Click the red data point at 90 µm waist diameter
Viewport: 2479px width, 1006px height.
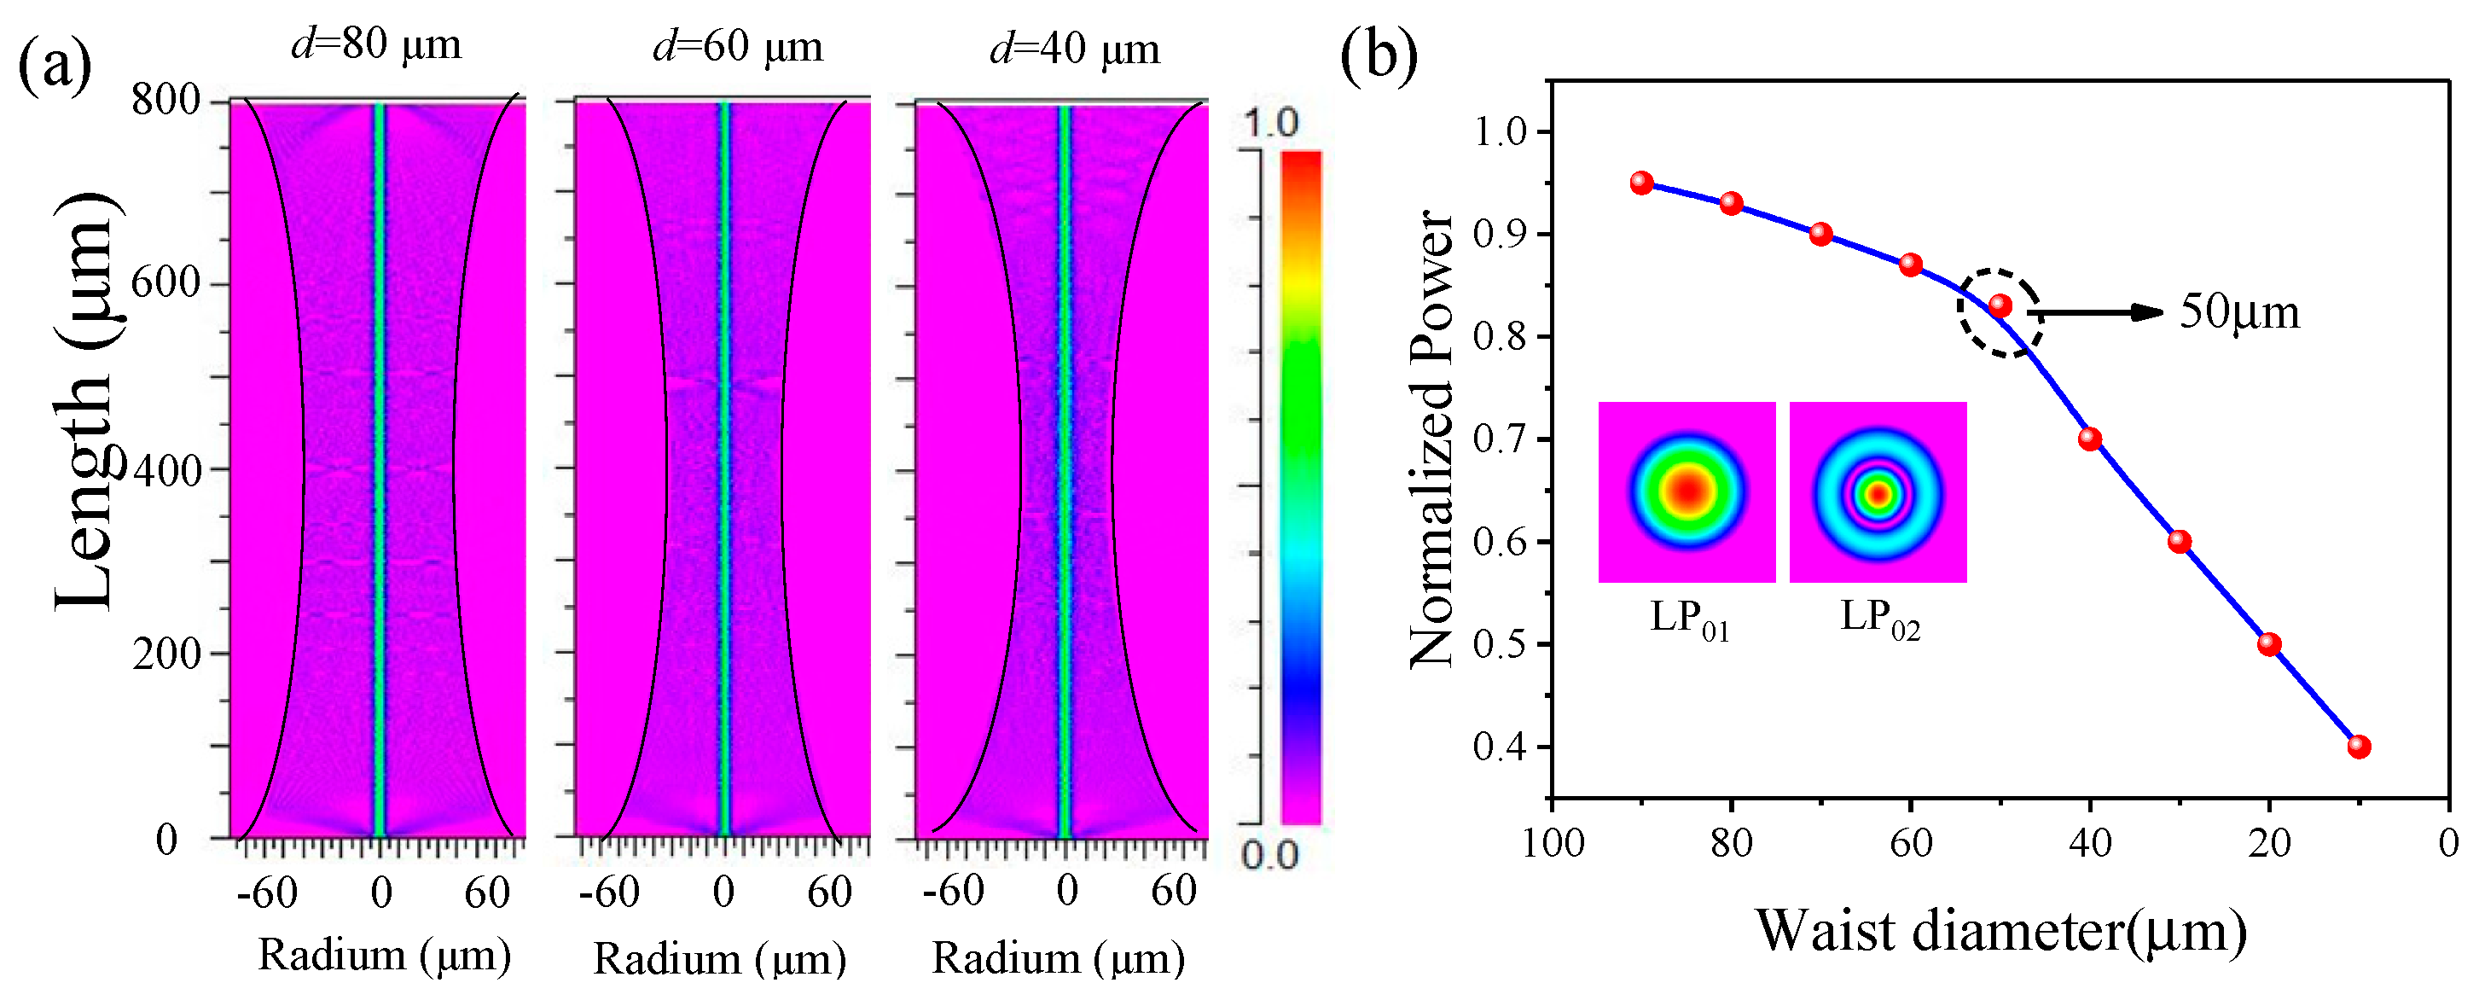click(x=1642, y=183)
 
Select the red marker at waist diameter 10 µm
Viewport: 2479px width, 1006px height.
click(x=2359, y=746)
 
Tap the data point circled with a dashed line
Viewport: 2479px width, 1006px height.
click(x=2000, y=306)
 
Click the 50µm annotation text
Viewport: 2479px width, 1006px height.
click(x=2239, y=312)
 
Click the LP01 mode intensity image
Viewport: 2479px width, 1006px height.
click(x=1686, y=492)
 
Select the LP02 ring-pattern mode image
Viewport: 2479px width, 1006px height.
click(x=1878, y=492)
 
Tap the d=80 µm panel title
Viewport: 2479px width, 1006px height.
click(x=376, y=44)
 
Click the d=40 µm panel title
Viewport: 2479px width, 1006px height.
click(x=1074, y=48)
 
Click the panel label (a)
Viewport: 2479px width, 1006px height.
click(x=55, y=66)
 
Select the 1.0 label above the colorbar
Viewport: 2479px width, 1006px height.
click(x=1271, y=122)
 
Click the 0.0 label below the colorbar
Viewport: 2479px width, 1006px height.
click(x=1269, y=855)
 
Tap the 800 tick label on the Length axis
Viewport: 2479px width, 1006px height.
click(x=165, y=99)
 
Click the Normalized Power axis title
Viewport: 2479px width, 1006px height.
click(x=1432, y=438)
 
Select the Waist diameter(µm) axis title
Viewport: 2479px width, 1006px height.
click(x=2000, y=931)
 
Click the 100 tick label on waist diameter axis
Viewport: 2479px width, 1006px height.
click(x=1553, y=843)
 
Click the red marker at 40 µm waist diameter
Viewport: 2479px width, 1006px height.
click(x=2090, y=439)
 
